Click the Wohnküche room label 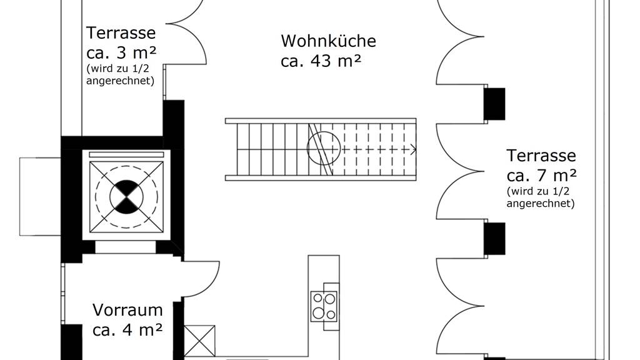point(328,41)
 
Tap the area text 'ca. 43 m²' point(321,61)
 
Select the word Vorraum point(127,310)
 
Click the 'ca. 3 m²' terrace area point(121,53)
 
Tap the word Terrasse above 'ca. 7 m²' point(541,155)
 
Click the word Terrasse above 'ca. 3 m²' point(121,32)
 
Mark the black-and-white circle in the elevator point(127,196)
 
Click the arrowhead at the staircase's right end point(412,149)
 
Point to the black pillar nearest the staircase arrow point(495,104)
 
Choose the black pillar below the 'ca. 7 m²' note point(495,239)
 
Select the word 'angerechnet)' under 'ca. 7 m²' point(541,203)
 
